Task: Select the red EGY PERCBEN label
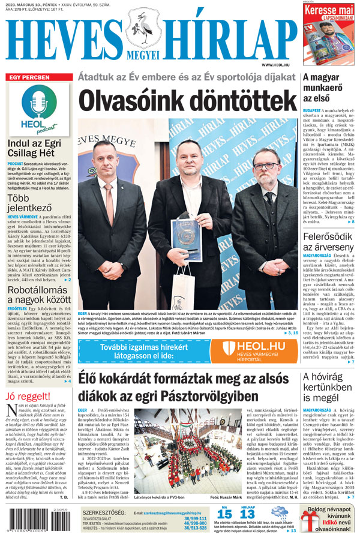click(x=29, y=78)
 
